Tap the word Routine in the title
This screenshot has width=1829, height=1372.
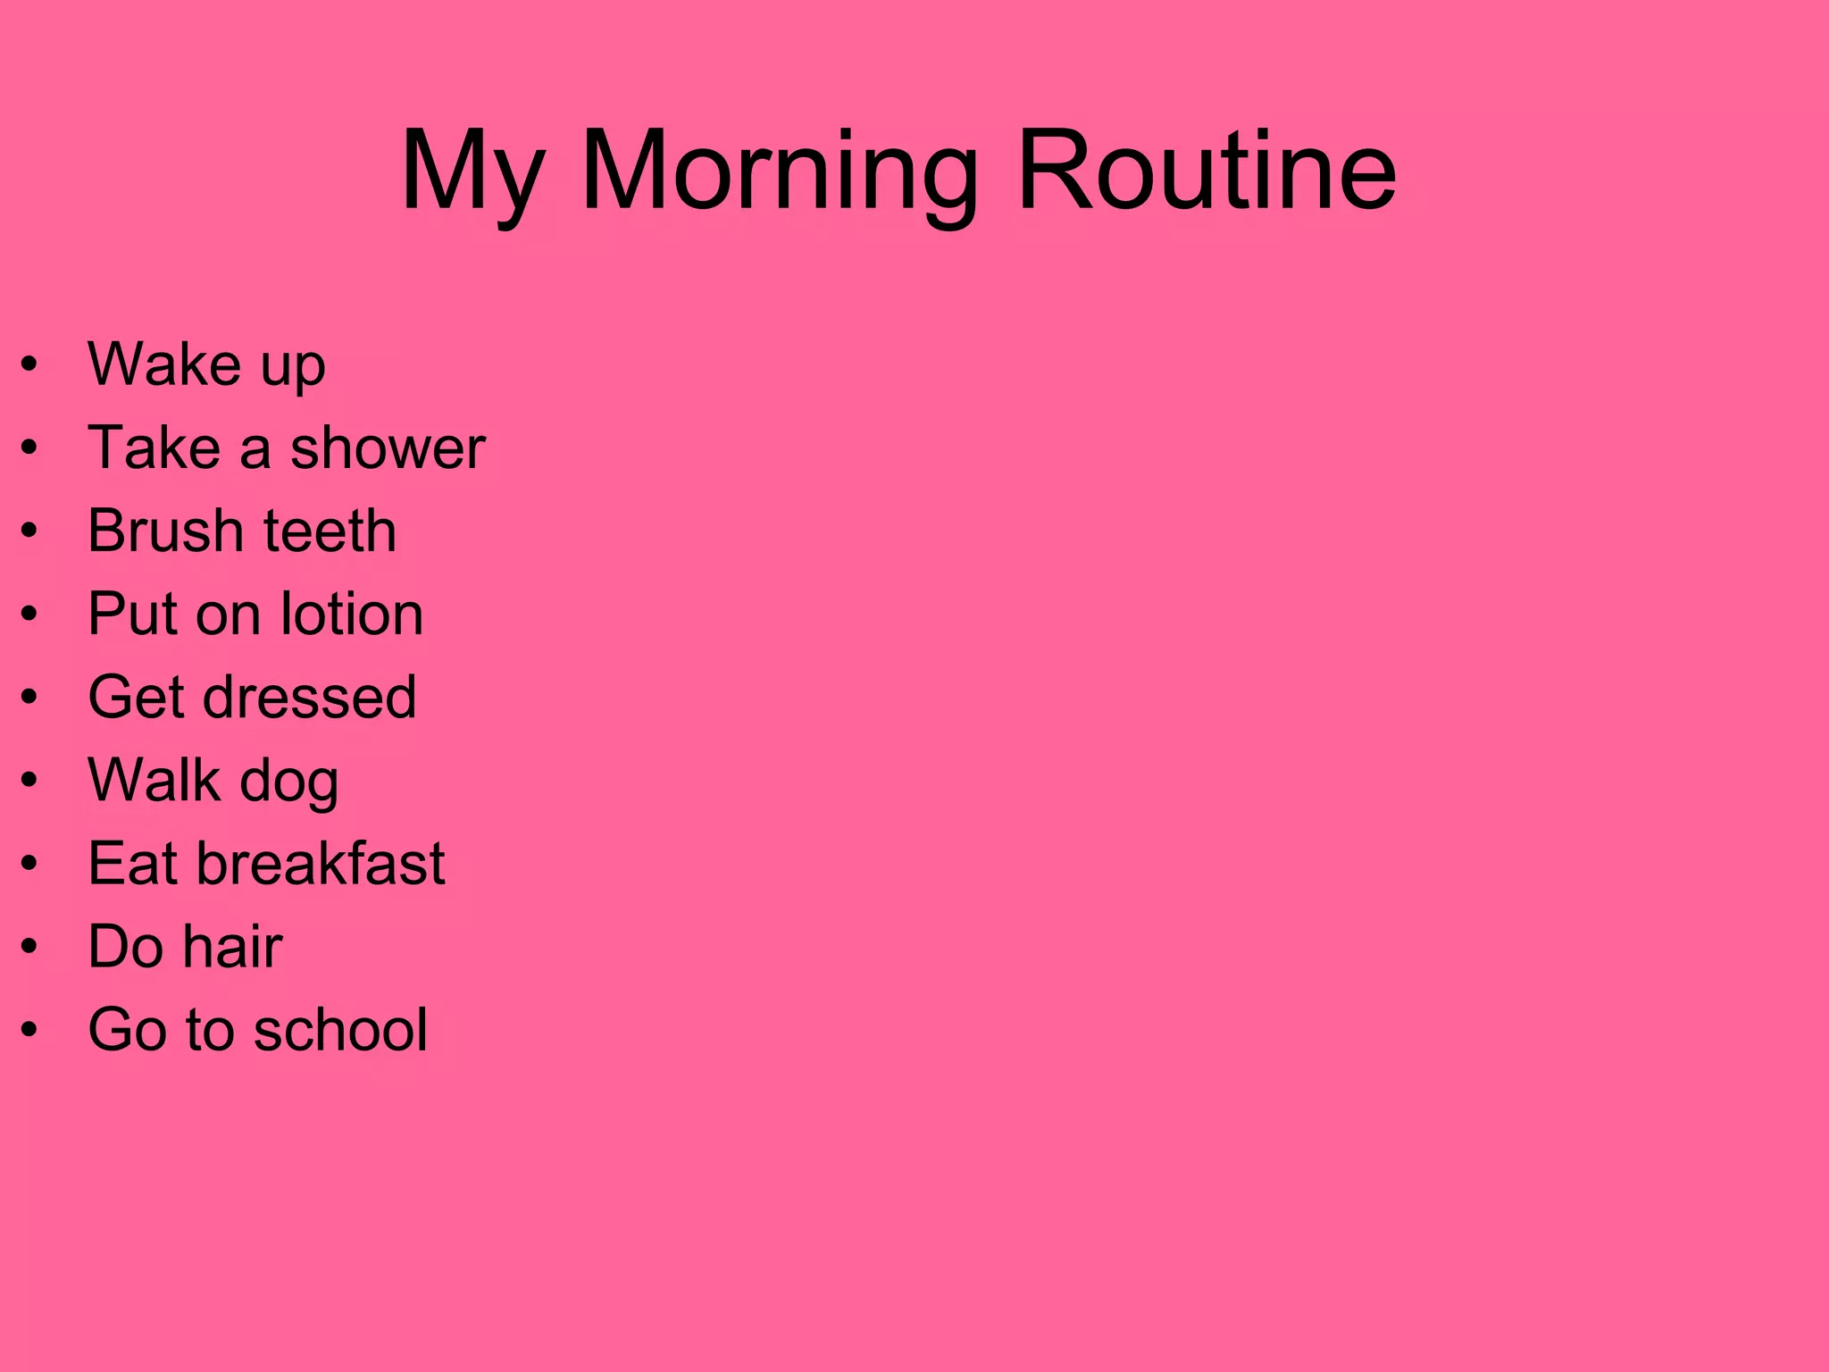click(1206, 171)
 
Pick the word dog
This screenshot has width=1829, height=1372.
click(288, 782)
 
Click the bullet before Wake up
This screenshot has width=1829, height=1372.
click(30, 365)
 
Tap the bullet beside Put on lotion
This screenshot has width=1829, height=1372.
click(30, 615)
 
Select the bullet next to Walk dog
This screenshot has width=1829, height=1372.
click(30, 781)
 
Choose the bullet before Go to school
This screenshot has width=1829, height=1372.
click(30, 1030)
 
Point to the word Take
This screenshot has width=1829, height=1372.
click(154, 448)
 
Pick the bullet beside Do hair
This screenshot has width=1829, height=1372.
click(30, 947)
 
